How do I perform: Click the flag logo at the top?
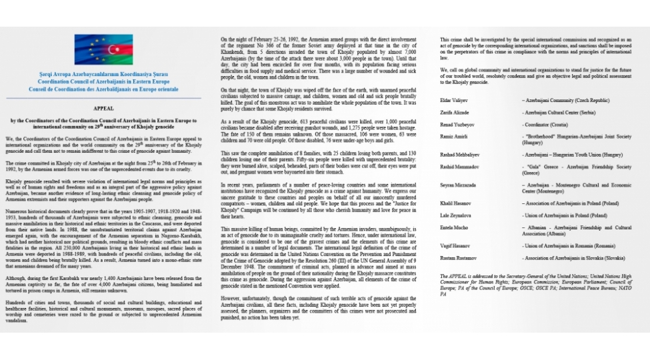103,49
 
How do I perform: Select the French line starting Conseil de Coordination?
103,89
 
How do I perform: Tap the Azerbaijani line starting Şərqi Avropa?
103,74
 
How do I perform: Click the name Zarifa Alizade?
455,113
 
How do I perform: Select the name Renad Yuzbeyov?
457,125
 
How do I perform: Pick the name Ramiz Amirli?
453,137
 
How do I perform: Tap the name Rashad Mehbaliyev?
459,155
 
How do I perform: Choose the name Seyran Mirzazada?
457,185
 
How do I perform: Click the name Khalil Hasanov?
455,203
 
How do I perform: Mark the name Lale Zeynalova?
455,215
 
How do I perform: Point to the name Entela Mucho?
454,227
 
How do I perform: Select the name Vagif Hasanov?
455,246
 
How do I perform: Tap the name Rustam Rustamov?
458,258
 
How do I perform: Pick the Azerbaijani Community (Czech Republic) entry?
565,101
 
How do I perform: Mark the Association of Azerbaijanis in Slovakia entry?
574,258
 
